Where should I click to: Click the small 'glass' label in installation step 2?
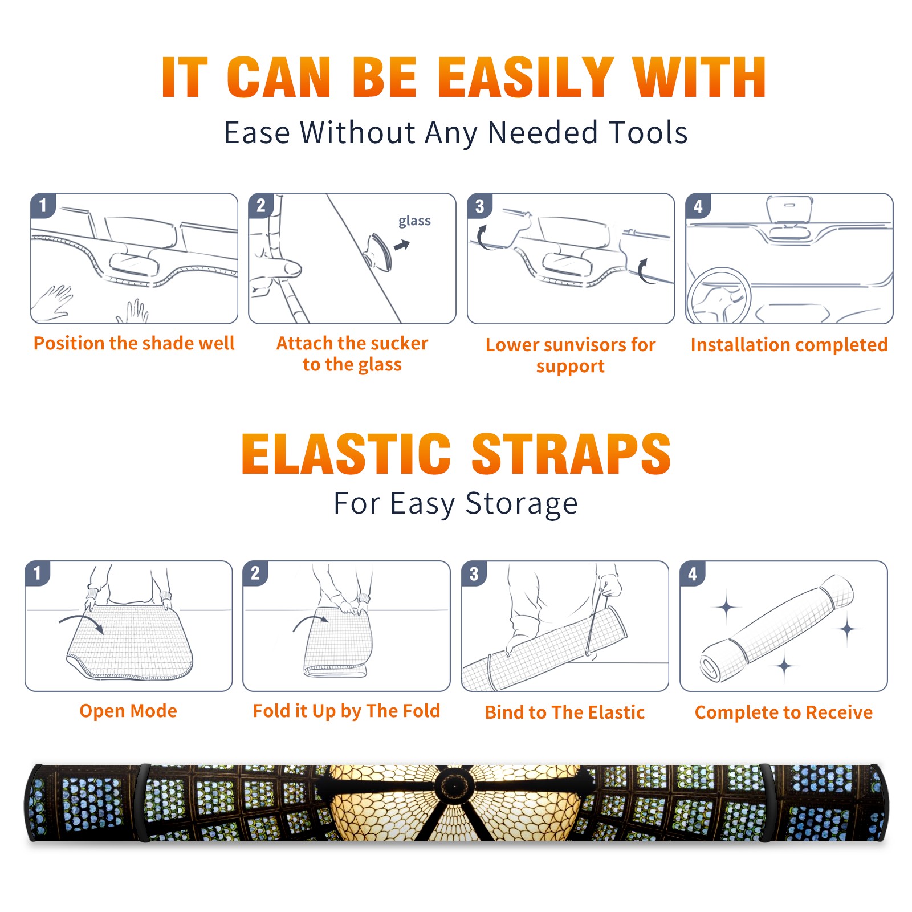pyautogui.click(x=414, y=221)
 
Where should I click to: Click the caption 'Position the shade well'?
pyautogui.click(x=134, y=343)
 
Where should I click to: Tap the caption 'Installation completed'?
pyautogui.click(x=789, y=345)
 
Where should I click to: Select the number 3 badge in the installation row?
pyautogui.click(x=479, y=206)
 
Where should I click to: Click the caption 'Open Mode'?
pyautogui.click(x=128, y=711)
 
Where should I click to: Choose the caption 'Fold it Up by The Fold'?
pyautogui.click(x=346, y=711)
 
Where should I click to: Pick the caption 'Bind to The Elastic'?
pyautogui.click(x=565, y=712)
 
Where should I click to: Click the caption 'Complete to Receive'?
pyautogui.click(x=784, y=712)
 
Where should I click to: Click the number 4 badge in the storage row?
pyautogui.click(x=693, y=573)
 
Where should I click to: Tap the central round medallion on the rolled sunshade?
pyautogui.click(x=454, y=787)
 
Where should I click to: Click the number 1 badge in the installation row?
pyautogui.click(x=43, y=206)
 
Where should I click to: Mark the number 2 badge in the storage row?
pyautogui.click(x=255, y=573)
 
